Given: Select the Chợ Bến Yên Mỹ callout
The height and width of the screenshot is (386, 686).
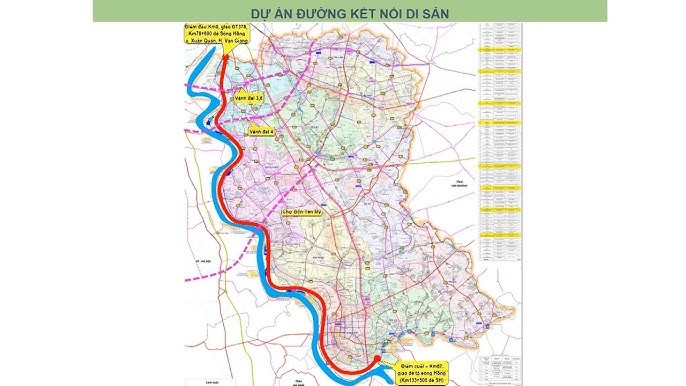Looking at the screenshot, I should [291, 212].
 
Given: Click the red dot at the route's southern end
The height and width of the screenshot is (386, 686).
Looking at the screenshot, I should [375, 358].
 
